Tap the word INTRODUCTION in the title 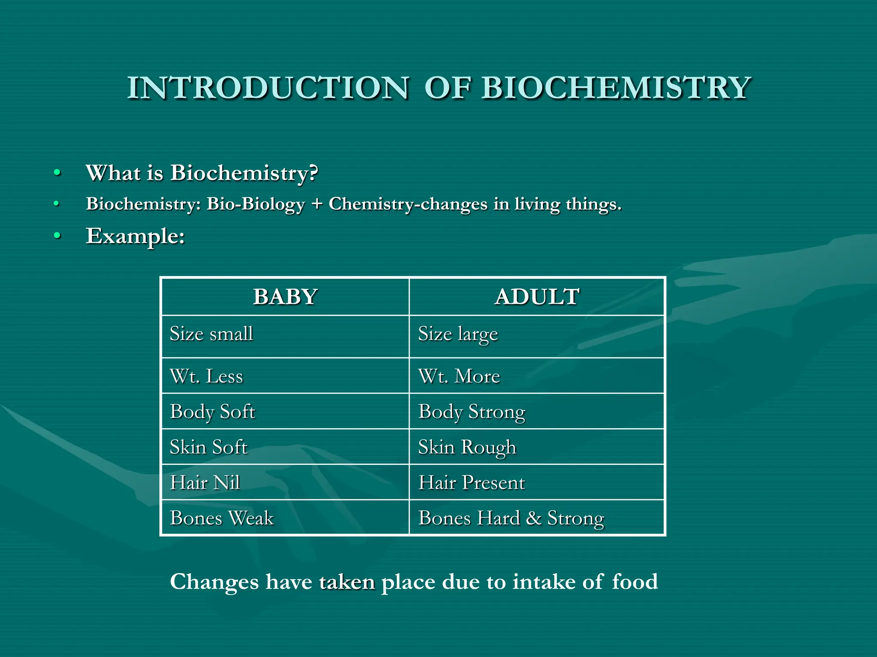pyautogui.click(x=268, y=88)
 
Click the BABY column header pyautogui.click(x=285, y=296)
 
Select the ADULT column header pyautogui.click(x=537, y=296)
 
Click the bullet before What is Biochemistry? pyautogui.click(x=57, y=173)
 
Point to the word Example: pyautogui.click(x=135, y=236)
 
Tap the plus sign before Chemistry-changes pyautogui.click(x=317, y=204)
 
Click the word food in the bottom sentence pyautogui.click(x=635, y=582)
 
